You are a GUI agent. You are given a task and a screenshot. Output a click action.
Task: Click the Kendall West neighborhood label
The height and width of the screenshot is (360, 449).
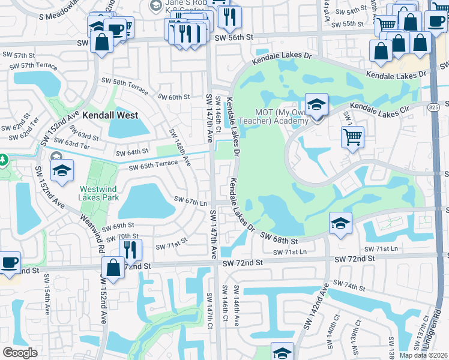tap(110, 115)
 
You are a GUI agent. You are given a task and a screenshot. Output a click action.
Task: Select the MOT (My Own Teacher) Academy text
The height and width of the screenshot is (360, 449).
tap(282, 116)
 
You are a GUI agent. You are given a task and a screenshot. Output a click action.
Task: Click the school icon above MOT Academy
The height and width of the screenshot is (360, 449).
tap(316, 105)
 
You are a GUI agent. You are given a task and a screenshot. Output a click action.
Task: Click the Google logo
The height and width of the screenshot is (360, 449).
tap(20, 352)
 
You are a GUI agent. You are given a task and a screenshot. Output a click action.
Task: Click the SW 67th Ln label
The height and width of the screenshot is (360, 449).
tap(190, 201)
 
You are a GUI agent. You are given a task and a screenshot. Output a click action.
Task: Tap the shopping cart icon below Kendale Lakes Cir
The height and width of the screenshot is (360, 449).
tap(352, 136)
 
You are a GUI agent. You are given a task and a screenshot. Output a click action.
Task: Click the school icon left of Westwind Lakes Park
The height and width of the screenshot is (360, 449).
tap(62, 171)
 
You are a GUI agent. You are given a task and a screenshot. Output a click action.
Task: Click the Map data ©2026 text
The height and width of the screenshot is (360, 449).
tap(424, 355)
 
